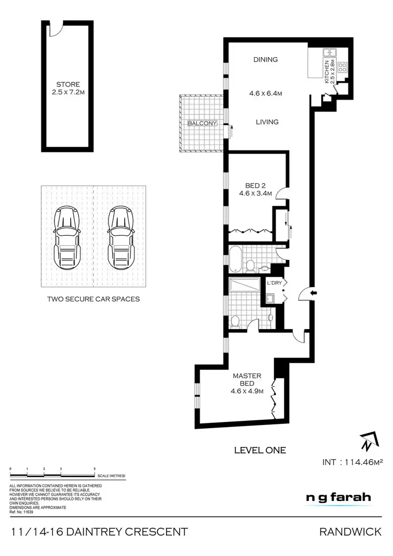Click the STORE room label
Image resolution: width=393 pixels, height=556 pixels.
(x=68, y=84)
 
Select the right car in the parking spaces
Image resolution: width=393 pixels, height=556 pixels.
(x=119, y=236)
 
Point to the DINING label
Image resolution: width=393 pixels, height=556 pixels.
(x=265, y=60)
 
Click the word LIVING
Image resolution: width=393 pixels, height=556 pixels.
(x=267, y=122)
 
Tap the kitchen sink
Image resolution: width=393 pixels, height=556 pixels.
(x=330, y=52)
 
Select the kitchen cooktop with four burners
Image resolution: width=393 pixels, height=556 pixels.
(x=343, y=67)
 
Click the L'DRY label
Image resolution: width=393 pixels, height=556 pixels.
(x=274, y=284)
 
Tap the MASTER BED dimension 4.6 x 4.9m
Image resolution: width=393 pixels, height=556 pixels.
(x=247, y=390)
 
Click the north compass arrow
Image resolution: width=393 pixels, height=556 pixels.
(x=367, y=442)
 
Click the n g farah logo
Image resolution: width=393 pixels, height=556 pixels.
(x=339, y=497)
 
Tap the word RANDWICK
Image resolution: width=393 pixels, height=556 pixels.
(x=351, y=532)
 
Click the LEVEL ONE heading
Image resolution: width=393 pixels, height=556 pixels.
(x=259, y=450)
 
